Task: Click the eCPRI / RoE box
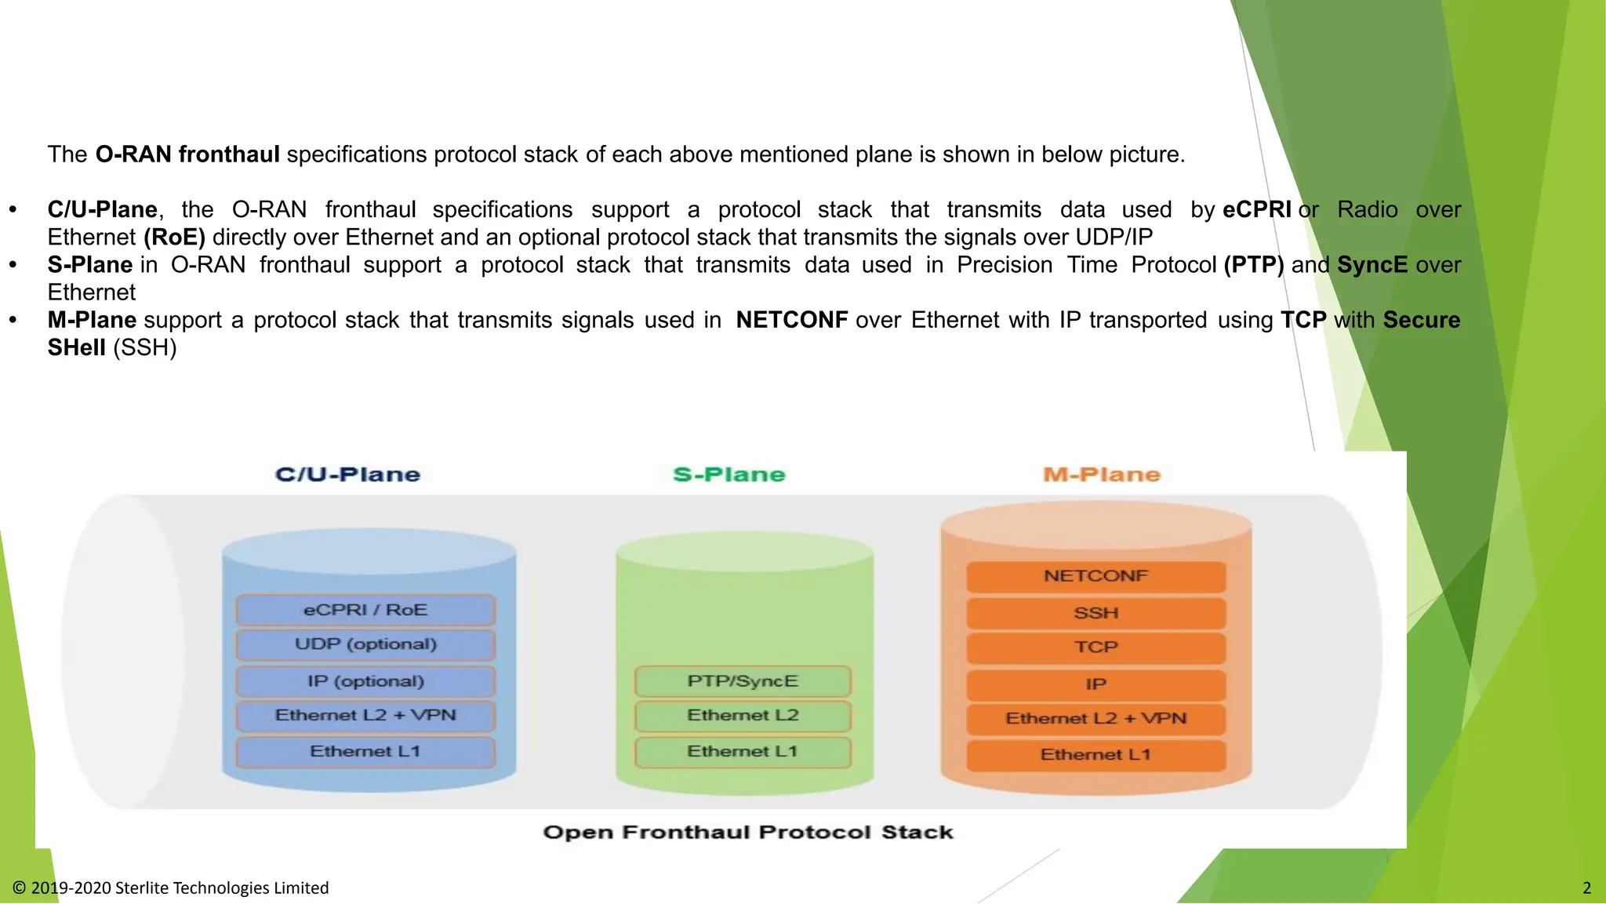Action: (x=365, y=610)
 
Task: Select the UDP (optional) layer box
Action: (x=365, y=644)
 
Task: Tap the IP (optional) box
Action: (x=365, y=681)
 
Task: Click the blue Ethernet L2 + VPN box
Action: (x=365, y=716)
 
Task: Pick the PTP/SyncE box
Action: (x=743, y=681)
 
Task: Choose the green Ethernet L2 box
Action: (x=743, y=716)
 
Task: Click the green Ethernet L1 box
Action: (x=743, y=752)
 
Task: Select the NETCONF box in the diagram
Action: (x=1095, y=576)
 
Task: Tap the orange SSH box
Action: (x=1095, y=613)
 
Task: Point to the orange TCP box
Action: (x=1095, y=648)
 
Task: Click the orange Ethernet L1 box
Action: (x=1095, y=755)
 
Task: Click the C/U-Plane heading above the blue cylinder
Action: (x=348, y=474)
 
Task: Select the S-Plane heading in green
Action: (x=729, y=474)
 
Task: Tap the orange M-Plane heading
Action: (x=1102, y=474)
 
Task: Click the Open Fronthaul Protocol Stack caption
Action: (x=748, y=832)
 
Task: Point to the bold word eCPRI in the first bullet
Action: (x=1256, y=209)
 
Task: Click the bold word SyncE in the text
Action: (x=1372, y=265)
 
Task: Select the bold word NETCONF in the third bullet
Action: (x=792, y=320)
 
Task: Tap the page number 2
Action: (x=1586, y=888)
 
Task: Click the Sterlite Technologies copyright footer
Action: (x=171, y=888)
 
